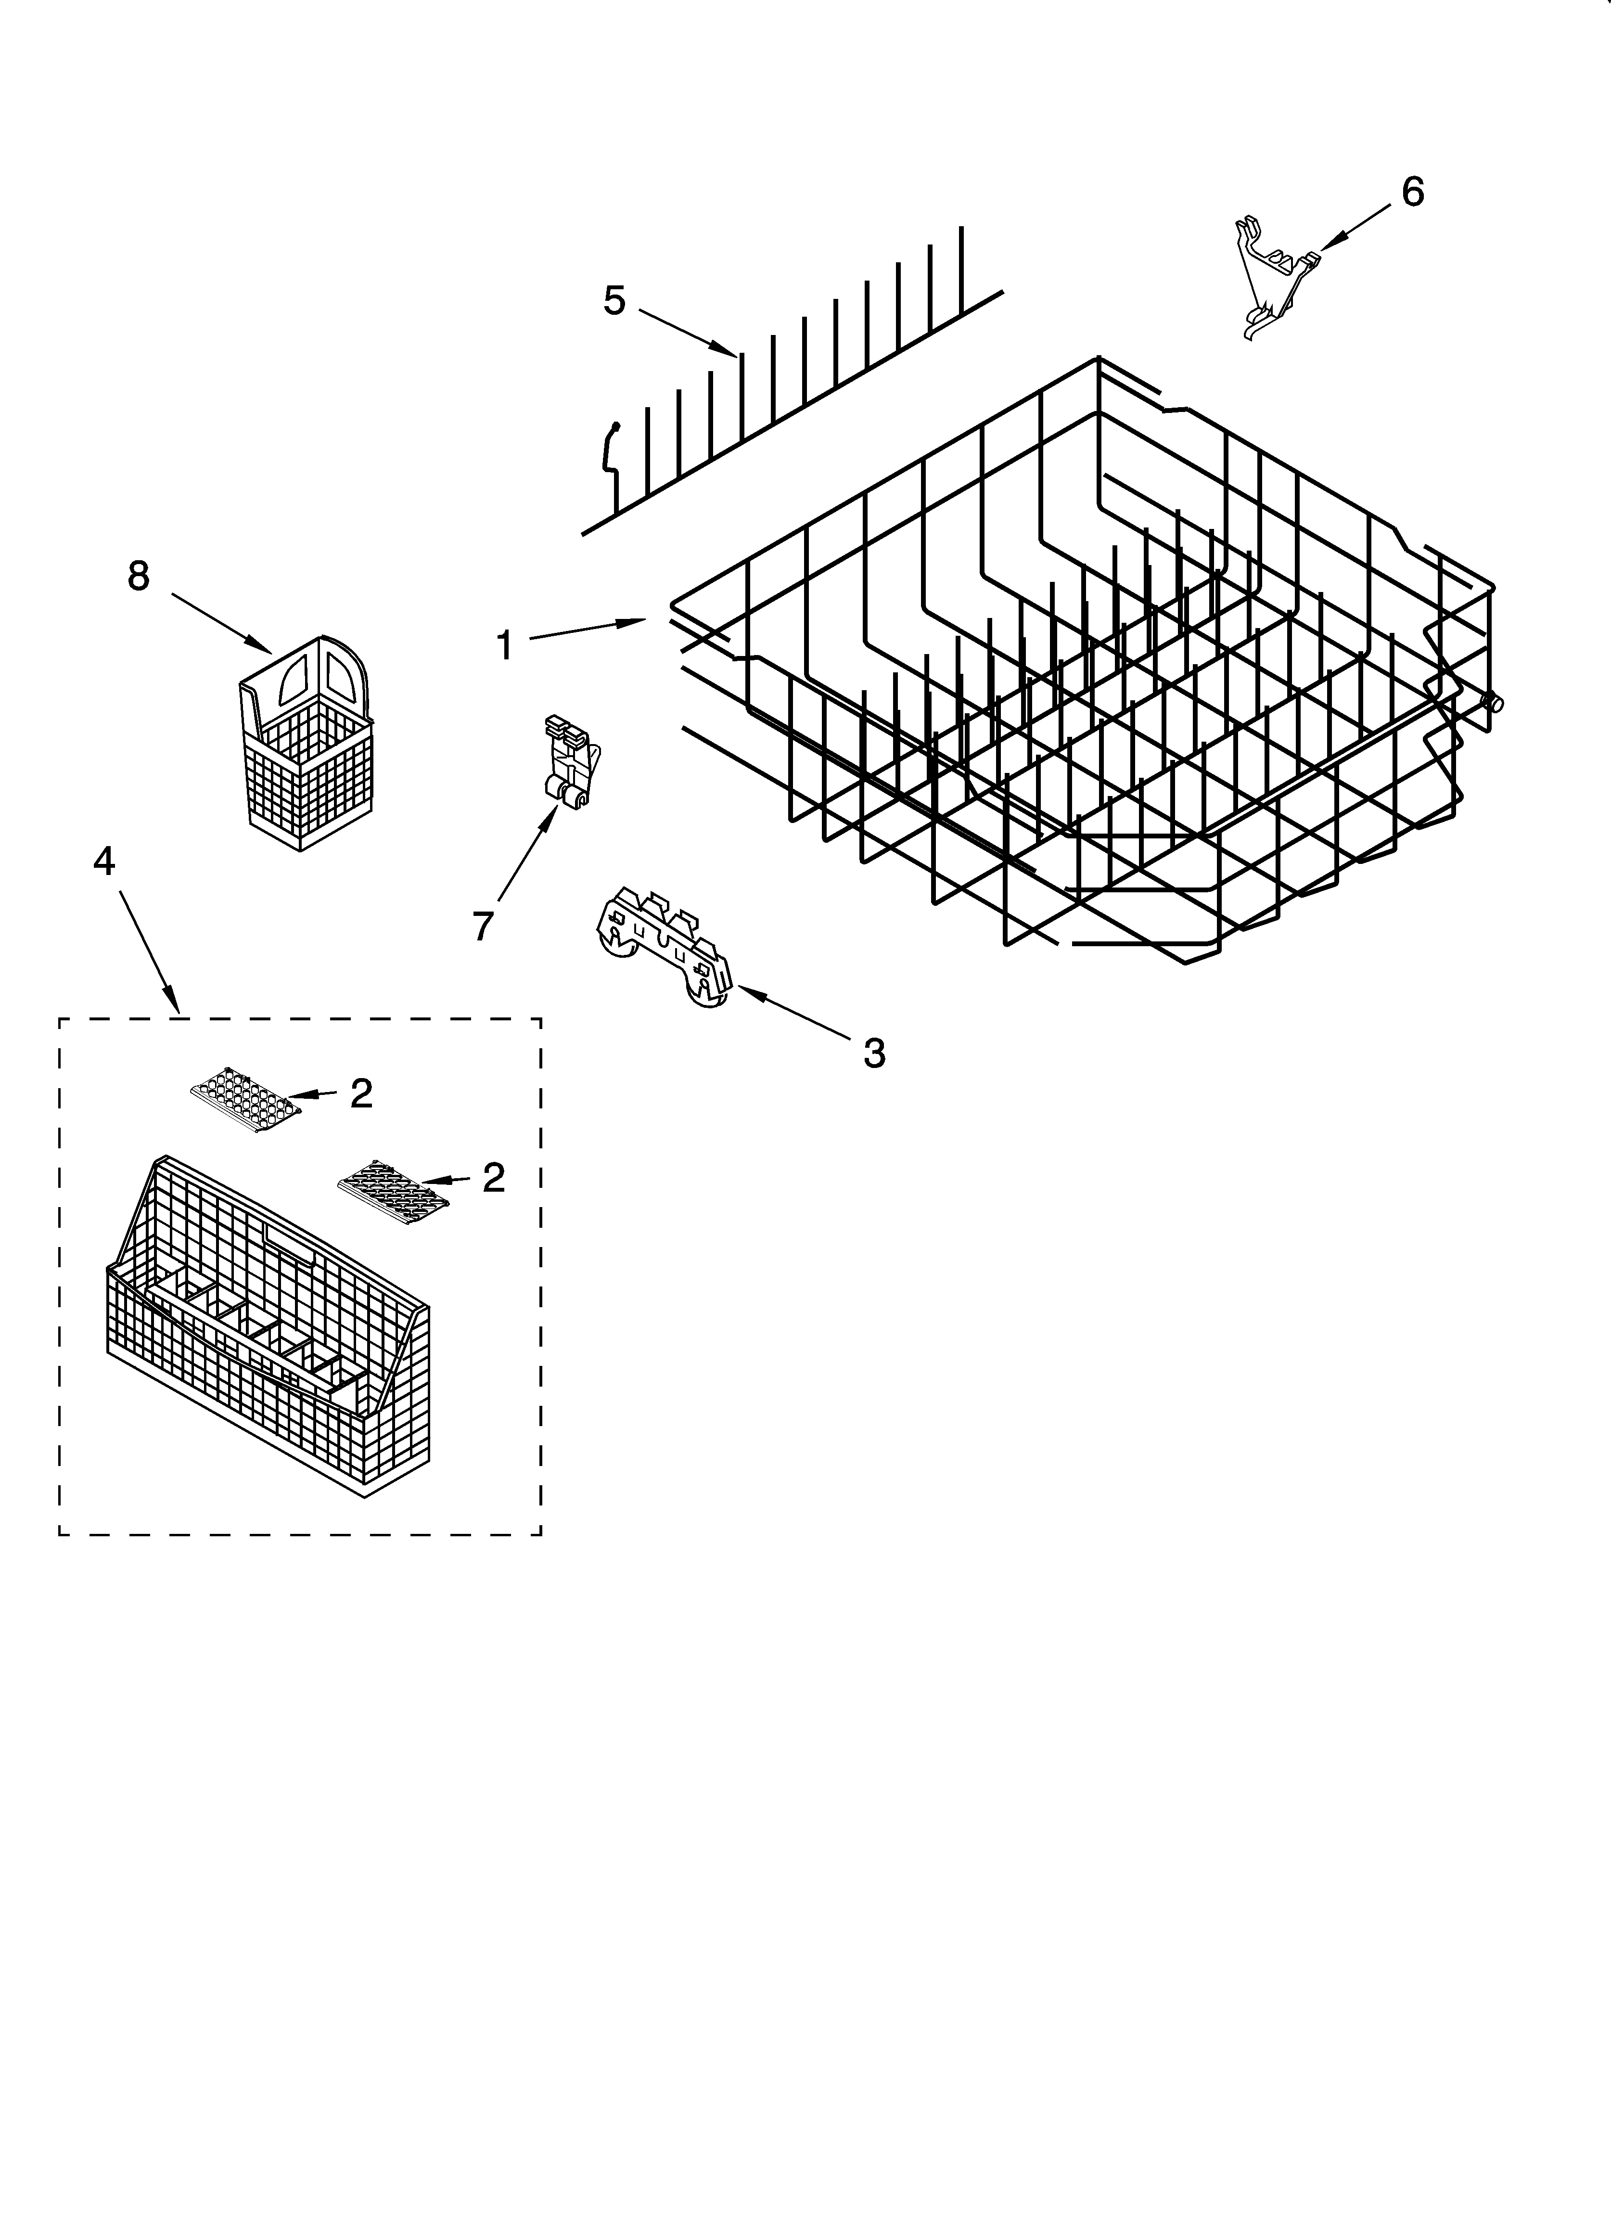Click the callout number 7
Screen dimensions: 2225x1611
(x=482, y=925)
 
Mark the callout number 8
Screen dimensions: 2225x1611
(x=138, y=576)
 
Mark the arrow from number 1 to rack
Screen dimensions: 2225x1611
(x=587, y=629)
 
